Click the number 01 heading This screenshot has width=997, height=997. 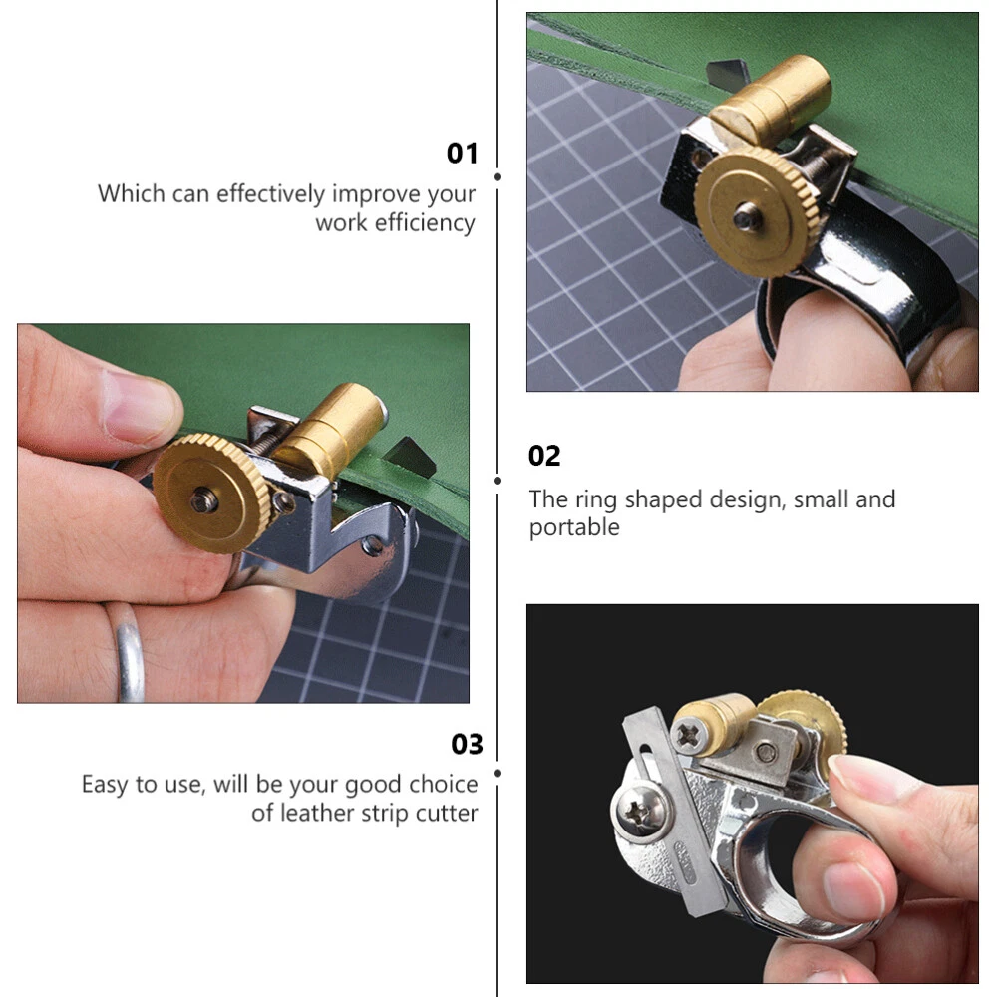click(462, 154)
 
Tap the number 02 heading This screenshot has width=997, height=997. click(544, 456)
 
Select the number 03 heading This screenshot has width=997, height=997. click(467, 744)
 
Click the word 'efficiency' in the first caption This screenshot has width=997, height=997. click(425, 223)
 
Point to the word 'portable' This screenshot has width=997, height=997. click(574, 527)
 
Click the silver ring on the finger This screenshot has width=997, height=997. click(128, 652)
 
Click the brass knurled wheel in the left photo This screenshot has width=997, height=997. click(211, 494)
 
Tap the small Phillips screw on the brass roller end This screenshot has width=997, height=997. click(689, 736)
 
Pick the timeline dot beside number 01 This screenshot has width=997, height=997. click(498, 176)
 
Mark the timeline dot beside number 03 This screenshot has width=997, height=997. click(498, 774)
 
